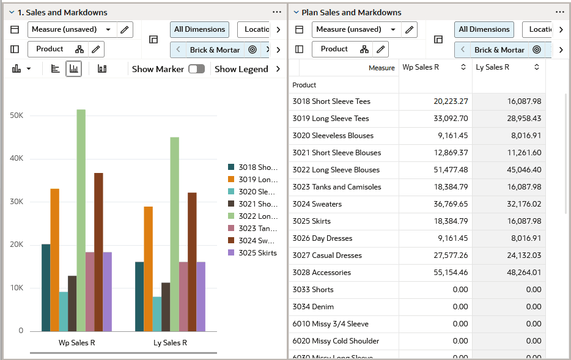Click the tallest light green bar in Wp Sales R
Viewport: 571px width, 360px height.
coord(81,220)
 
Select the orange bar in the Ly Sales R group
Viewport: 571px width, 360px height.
coord(148,269)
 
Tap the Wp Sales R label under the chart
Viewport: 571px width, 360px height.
coord(76,343)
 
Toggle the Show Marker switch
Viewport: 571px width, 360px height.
coord(196,69)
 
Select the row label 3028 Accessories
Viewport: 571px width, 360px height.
coord(322,273)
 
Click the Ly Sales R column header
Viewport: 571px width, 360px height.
coord(493,67)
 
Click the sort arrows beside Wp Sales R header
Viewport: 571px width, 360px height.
coord(463,67)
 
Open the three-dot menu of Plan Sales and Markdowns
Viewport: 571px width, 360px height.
coord(559,12)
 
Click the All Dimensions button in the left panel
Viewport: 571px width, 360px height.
coord(199,29)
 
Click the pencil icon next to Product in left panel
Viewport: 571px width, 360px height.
coord(95,50)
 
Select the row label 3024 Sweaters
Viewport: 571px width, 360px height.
coord(317,204)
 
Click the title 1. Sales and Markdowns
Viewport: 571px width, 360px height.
coord(62,12)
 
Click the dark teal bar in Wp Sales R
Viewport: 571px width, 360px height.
coord(46,287)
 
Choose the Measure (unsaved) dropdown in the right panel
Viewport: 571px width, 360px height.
coord(355,29)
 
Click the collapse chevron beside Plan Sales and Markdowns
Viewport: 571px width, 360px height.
coord(296,12)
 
